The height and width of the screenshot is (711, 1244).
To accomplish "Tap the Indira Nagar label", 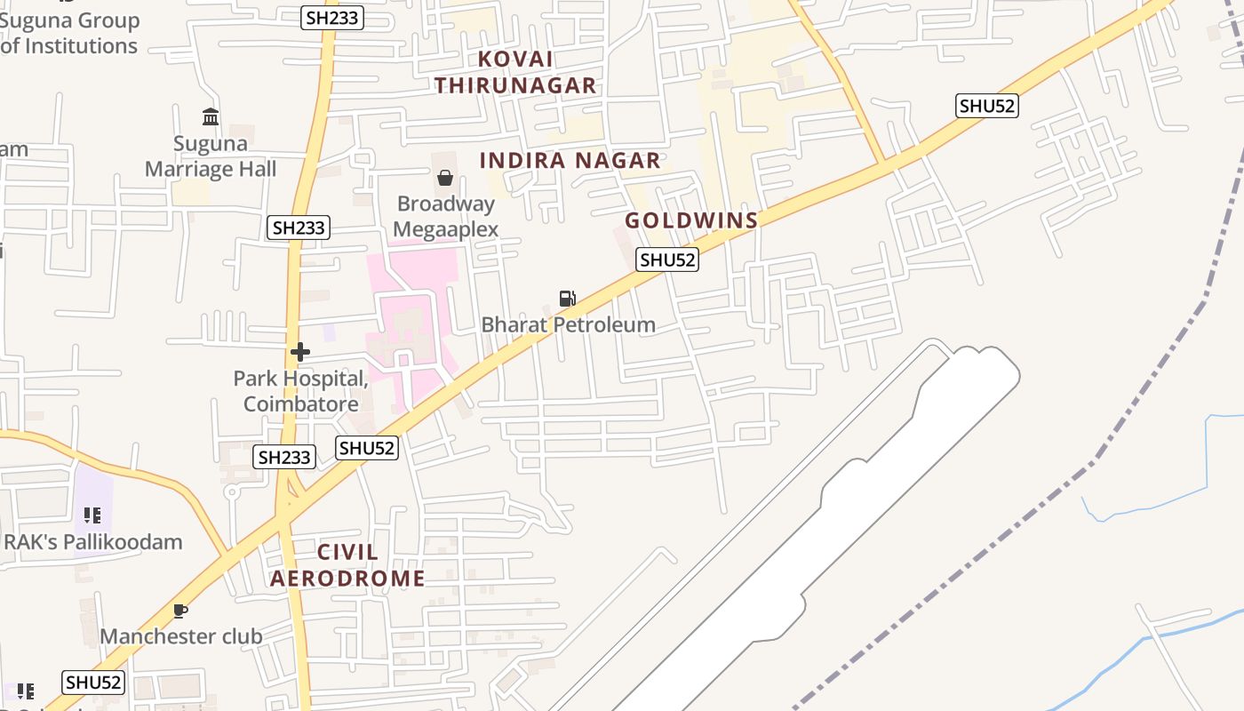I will coord(570,161).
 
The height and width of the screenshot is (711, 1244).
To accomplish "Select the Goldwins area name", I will coord(691,220).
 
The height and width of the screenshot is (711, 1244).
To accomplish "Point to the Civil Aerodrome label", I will coord(347,565).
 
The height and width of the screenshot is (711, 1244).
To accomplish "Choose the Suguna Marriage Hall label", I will coord(211,156).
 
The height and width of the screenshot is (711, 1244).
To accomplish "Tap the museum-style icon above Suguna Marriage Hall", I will coord(211,116).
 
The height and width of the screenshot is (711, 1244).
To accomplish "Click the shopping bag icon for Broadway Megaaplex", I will coord(445,178).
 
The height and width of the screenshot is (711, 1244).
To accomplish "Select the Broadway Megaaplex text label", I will coord(445,216).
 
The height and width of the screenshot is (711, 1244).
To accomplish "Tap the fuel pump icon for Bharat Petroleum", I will coord(567,299).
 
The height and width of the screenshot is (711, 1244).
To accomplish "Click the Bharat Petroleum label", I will coord(569,324).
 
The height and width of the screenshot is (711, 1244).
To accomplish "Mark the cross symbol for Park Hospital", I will coord(300,352).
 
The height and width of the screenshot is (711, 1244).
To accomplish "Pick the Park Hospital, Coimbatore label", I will coord(300,391).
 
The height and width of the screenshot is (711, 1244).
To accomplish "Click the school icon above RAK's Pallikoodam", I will coord(92,515).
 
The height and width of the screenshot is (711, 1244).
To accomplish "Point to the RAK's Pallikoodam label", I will coord(92,541).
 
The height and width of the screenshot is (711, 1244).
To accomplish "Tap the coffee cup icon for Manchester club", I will coord(180,611).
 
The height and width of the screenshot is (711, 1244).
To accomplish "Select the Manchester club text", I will coord(181,636).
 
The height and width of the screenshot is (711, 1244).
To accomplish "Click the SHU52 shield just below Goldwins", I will coord(667,260).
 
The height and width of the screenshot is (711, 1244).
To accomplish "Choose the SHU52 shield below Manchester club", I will coord(93,683).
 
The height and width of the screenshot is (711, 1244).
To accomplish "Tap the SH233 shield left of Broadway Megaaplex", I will coord(299,228).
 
